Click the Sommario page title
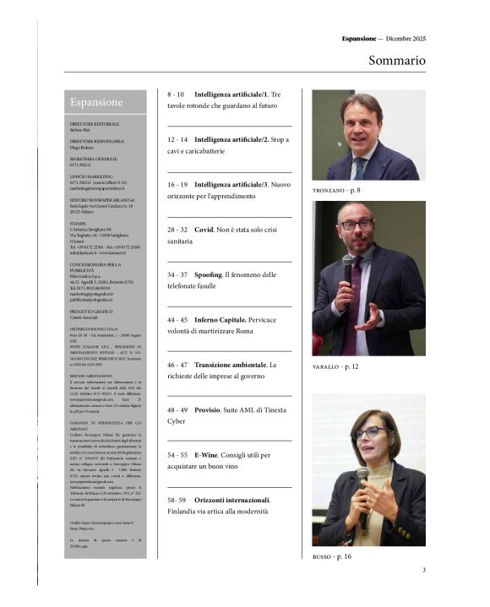tap(396, 61)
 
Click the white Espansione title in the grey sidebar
tap(96, 102)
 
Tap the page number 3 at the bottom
tap(423, 570)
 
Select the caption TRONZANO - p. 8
tap(336, 191)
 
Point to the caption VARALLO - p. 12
tap(335, 366)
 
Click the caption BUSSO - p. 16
tap(331, 557)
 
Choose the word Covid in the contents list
tap(204, 229)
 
